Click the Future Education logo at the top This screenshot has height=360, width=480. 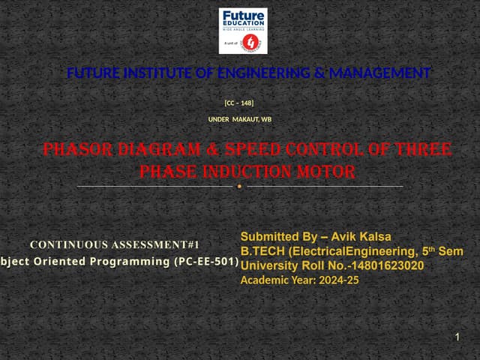click(x=242, y=31)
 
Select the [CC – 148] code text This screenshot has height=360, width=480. click(x=239, y=102)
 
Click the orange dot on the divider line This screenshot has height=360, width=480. click(x=239, y=186)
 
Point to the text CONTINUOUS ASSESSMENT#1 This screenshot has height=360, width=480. click(x=115, y=244)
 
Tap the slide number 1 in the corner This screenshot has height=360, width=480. click(x=457, y=340)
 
